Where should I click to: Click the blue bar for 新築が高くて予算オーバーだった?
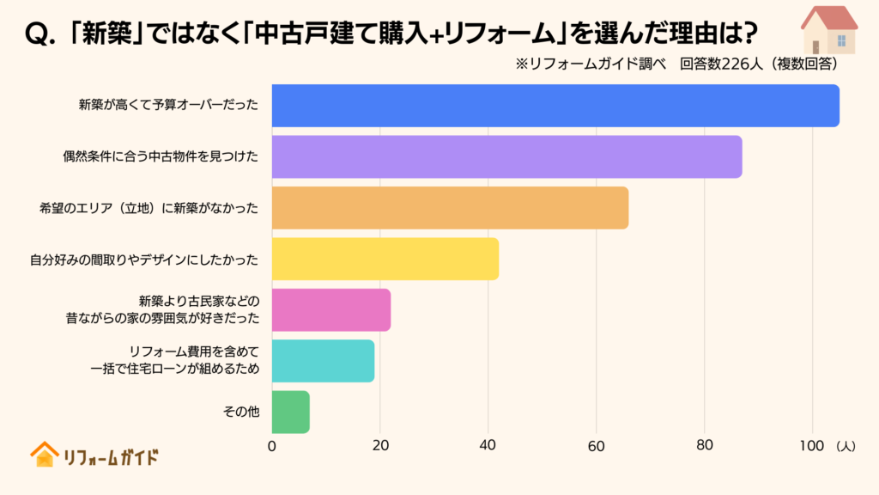coord(555,106)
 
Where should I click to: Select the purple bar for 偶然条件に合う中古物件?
coord(506,156)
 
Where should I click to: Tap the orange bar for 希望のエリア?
coord(450,208)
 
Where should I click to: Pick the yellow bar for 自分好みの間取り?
coord(385,259)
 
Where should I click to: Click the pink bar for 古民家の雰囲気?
coord(331,310)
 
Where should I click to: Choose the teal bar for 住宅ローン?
coord(323,361)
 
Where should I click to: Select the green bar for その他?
coord(290,412)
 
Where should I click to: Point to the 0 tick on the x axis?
coord(272,446)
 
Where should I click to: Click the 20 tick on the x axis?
coord(380,446)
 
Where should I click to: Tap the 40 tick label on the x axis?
coord(488,446)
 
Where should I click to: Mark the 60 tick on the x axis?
coord(597,446)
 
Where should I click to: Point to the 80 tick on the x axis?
coord(705,446)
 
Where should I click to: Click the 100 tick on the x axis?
coord(812,446)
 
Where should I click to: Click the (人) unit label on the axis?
coord(845,446)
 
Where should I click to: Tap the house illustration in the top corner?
coord(827,30)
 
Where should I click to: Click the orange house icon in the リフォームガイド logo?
coord(43,455)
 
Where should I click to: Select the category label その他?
coord(240,412)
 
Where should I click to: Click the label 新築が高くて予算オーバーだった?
coord(169,106)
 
